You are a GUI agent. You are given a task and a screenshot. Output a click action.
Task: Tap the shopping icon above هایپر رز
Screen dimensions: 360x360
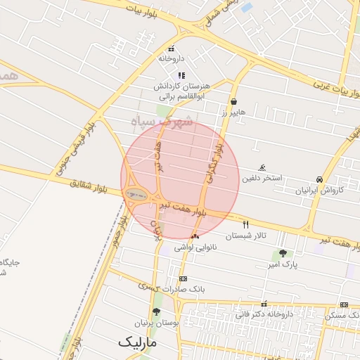click(x=233, y=101)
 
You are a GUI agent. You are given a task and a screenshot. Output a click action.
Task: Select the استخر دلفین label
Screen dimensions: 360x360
click(x=262, y=178)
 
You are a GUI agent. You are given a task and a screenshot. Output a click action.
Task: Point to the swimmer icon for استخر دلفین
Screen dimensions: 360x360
click(x=262, y=167)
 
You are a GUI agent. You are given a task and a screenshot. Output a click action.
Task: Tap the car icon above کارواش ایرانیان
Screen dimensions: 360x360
click(x=320, y=179)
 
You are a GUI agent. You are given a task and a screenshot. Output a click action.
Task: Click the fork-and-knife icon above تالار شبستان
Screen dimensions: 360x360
click(x=245, y=225)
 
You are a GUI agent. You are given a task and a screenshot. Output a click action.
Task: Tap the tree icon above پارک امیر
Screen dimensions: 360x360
click(x=283, y=253)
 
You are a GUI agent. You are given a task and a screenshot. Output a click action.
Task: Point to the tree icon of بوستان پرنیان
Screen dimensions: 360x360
click(x=155, y=311)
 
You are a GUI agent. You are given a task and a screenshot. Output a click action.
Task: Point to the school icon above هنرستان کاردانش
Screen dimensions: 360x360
click(x=181, y=75)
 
